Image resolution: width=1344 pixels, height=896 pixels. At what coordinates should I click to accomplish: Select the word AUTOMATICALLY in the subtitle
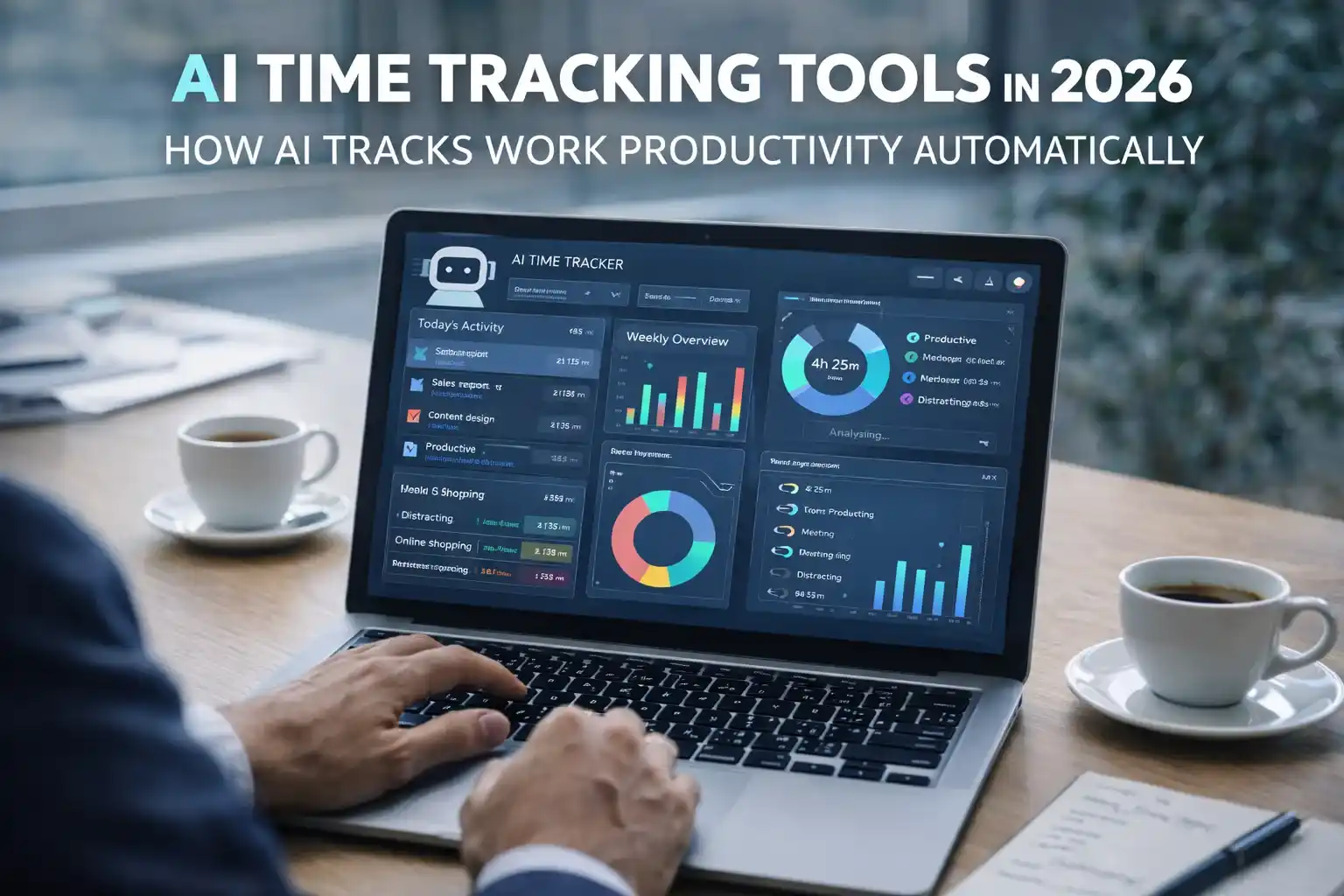[x=1058, y=150]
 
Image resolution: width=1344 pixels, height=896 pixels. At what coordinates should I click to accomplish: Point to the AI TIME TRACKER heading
[x=567, y=262]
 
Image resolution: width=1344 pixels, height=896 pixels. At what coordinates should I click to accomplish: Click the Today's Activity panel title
[x=460, y=325]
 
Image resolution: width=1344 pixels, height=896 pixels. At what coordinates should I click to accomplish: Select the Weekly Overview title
[x=676, y=339]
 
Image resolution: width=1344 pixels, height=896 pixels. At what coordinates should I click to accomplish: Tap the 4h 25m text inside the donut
[x=835, y=365]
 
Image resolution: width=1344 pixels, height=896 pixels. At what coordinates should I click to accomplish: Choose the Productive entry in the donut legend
[x=949, y=339]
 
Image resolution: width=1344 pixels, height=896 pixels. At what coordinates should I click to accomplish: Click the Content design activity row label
[x=461, y=417]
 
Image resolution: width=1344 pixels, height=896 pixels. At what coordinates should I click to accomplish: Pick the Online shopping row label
[x=432, y=543]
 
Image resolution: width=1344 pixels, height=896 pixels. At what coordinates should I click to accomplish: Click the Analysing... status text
[x=858, y=434]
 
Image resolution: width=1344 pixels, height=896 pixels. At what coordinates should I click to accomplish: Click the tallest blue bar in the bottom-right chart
[x=965, y=580]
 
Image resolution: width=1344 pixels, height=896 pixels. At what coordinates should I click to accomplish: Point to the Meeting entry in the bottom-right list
[x=817, y=533]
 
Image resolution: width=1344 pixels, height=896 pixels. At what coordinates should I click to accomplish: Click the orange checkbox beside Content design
[x=414, y=416]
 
